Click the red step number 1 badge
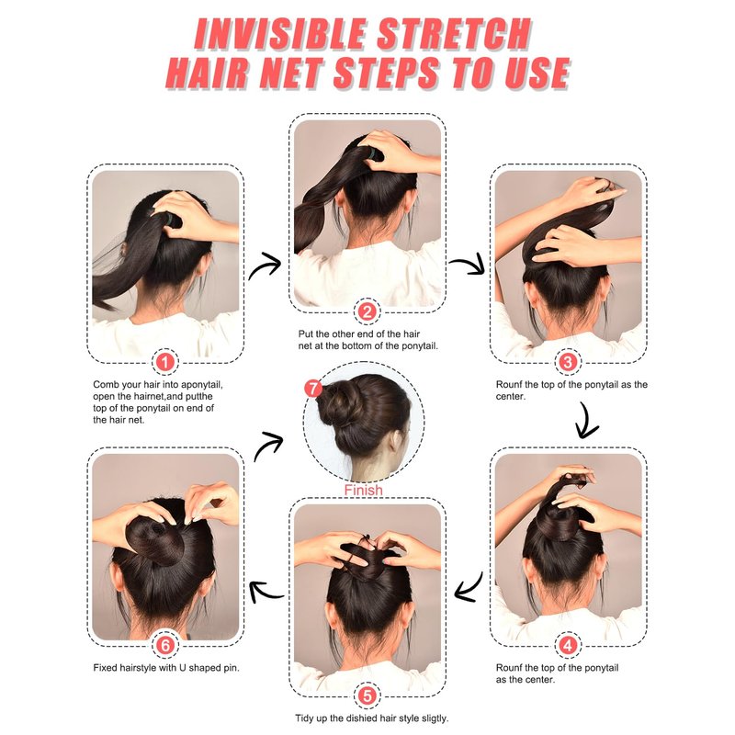click(165, 362)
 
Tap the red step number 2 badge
click(367, 311)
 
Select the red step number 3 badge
click(568, 362)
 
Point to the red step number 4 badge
click(568, 645)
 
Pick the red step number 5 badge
click(367, 695)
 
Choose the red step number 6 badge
click(165, 645)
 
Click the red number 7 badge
click(313, 388)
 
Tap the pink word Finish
click(363, 490)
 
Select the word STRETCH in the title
click(454, 34)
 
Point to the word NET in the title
click(290, 73)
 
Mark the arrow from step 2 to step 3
click(469, 263)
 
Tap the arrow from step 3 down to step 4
click(586, 422)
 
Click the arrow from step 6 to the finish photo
click(268, 445)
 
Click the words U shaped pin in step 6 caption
click(213, 668)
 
